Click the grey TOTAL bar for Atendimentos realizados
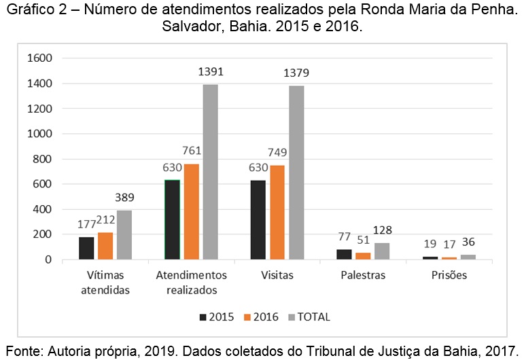point(211,172)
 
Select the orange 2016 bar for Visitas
point(277,212)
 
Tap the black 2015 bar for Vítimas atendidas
point(86,248)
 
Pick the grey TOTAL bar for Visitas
point(296,173)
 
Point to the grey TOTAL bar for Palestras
point(382,251)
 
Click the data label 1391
point(211,71)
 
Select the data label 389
point(124,198)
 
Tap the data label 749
point(277,153)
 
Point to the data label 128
point(382,230)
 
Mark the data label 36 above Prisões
point(468,242)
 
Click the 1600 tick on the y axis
point(39,58)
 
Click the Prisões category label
point(449,276)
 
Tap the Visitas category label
point(277,276)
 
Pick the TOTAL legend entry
point(313,317)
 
